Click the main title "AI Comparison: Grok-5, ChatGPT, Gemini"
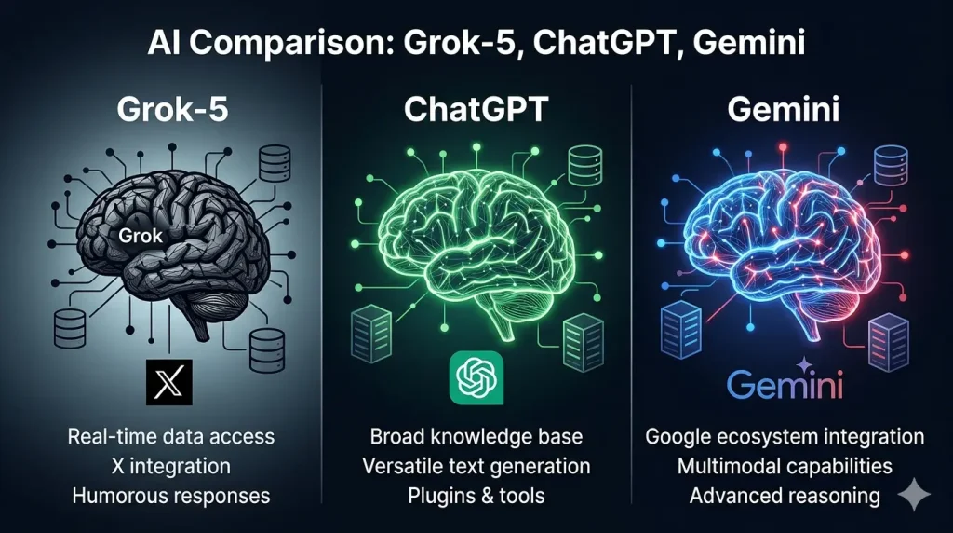[x=476, y=43]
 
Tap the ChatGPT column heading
[x=476, y=110]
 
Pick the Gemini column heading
[x=785, y=110]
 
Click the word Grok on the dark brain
[x=141, y=236]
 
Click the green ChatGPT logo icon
[x=475, y=378]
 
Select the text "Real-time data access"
[x=171, y=436]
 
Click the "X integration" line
[x=171, y=465]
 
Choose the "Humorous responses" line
[x=171, y=495]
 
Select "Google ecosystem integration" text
[x=785, y=436]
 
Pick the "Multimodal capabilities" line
[x=785, y=465]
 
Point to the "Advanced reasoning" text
[x=785, y=495]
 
